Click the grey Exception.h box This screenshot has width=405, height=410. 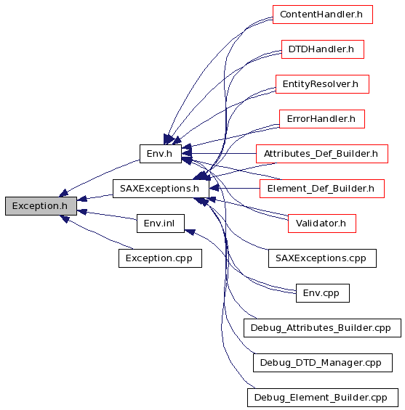(41, 206)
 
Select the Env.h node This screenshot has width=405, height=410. (161, 154)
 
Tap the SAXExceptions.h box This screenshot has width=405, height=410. (161, 189)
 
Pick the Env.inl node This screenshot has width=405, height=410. (161, 224)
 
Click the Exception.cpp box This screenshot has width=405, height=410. (160, 258)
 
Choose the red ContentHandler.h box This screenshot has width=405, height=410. (323, 15)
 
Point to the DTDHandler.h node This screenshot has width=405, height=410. (323, 49)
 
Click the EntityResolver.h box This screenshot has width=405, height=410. (323, 84)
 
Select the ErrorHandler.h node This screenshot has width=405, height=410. (322, 119)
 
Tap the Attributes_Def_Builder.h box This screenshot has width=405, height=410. (322, 154)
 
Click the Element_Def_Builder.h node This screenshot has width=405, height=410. (322, 189)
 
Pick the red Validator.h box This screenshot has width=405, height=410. (322, 224)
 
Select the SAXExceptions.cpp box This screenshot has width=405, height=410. (323, 258)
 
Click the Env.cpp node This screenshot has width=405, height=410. (323, 293)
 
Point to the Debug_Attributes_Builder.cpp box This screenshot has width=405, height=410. (323, 328)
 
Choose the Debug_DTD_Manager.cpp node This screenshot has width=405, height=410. (323, 363)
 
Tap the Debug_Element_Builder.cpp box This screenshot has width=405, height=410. (323, 398)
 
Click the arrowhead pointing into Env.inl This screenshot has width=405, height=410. (190, 231)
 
